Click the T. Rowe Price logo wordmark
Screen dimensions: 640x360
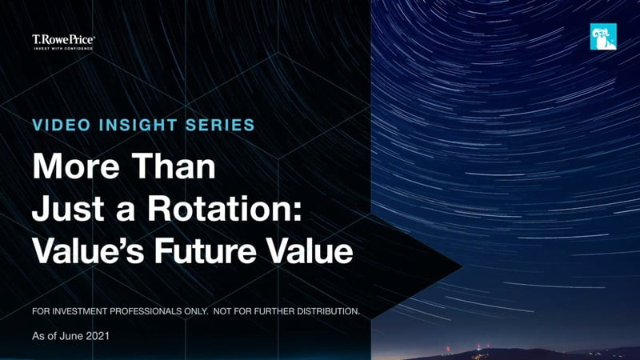point(63,39)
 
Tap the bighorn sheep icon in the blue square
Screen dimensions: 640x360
point(603,37)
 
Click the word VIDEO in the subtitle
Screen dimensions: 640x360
point(62,125)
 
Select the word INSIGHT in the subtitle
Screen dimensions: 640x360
point(138,125)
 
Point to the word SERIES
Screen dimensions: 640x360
point(220,125)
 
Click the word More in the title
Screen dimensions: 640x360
point(76,166)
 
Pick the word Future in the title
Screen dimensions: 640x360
point(206,250)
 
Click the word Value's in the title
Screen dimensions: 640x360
point(88,250)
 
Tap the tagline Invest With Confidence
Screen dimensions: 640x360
point(63,49)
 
